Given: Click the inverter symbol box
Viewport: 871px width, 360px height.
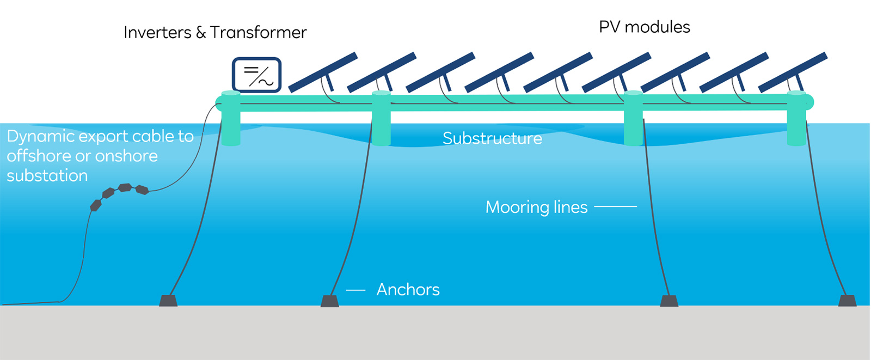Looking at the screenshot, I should (x=256, y=75).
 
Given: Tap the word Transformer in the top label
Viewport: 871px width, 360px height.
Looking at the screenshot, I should (x=259, y=33).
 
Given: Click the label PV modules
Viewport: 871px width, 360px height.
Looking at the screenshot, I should (x=644, y=27).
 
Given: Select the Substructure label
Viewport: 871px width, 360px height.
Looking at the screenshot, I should (x=492, y=138).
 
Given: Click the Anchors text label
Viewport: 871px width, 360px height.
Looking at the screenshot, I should (x=408, y=290).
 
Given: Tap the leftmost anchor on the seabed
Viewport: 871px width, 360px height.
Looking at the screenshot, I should (x=168, y=301).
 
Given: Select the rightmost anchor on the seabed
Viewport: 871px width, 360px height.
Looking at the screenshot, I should (x=847, y=301).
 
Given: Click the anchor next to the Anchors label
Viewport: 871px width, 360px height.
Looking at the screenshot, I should (x=329, y=301).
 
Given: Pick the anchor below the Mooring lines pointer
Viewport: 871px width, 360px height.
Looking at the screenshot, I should (x=669, y=301).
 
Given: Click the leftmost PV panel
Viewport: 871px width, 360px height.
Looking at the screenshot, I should (x=323, y=72).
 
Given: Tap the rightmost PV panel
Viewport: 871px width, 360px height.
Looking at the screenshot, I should (x=793, y=72).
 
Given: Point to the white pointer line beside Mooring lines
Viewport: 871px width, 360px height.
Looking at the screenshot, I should (x=615, y=206).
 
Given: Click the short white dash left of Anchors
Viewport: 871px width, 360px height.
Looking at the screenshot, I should (x=355, y=290).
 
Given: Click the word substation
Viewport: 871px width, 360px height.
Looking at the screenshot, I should (x=47, y=176).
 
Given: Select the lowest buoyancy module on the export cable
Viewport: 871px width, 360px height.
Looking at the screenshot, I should (x=96, y=205).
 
